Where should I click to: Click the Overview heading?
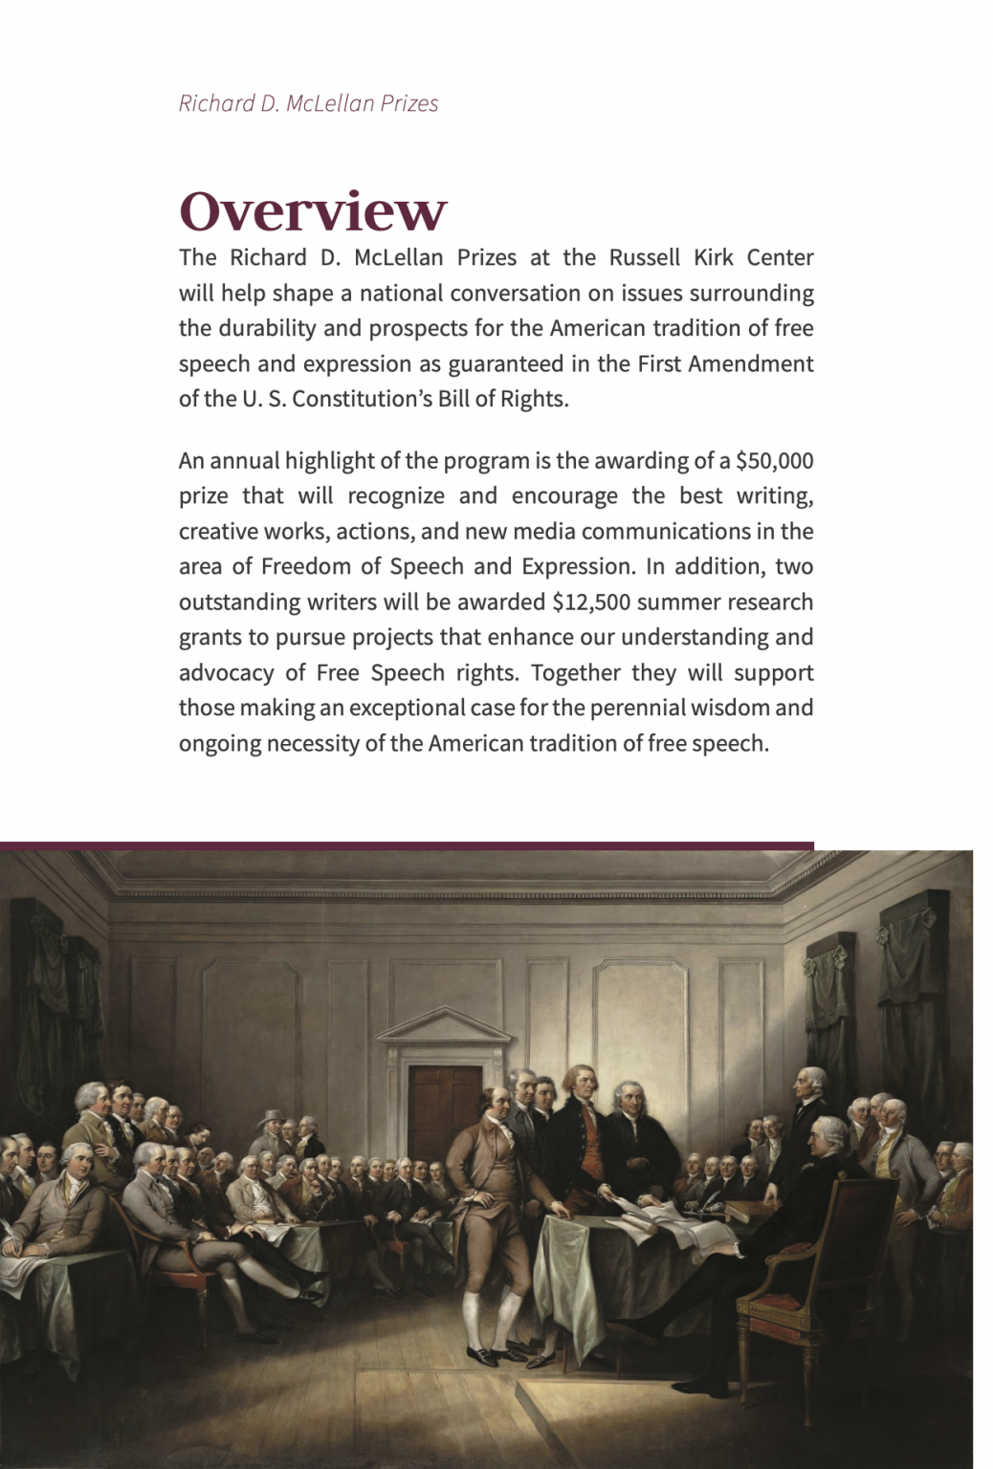pos(312,211)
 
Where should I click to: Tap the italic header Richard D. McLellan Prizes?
pos(308,103)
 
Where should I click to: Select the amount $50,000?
pos(774,461)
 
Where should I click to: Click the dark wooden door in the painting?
pos(445,1109)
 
